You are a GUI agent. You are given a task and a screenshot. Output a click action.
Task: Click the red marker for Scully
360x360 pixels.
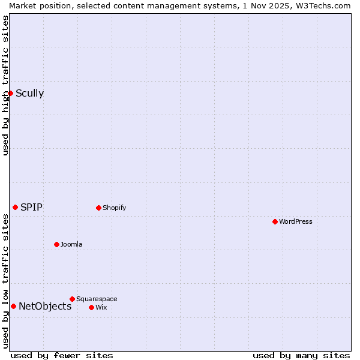[10, 93]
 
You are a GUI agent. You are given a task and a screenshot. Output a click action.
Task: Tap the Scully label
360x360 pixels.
[29, 93]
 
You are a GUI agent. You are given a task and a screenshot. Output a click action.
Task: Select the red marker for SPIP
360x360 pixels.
[15, 207]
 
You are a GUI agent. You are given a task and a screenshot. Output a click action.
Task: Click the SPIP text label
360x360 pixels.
[31, 208]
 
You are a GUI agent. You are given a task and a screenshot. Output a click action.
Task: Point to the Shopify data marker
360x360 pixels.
[98, 208]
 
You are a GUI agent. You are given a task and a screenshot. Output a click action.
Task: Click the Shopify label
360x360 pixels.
[114, 208]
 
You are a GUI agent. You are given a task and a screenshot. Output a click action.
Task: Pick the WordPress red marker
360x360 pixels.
[275, 221]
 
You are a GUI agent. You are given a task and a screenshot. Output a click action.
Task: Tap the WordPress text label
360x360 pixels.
[295, 222]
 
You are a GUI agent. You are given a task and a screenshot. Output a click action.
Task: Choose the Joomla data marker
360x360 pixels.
[56, 244]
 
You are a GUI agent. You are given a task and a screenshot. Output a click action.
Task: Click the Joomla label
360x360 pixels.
[71, 245]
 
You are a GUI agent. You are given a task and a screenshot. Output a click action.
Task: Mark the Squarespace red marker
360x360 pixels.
[72, 299]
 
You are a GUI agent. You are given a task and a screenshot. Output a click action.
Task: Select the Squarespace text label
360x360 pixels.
[97, 299]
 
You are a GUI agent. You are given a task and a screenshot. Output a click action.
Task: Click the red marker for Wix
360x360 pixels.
[91, 307]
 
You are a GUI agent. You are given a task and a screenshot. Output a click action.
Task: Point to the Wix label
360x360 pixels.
[101, 308]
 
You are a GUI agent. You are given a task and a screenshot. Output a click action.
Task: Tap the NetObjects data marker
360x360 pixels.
[13, 306]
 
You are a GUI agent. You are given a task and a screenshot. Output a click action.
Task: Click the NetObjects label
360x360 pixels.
[45, 307]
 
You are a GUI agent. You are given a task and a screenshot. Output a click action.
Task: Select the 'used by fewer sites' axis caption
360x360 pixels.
[62, 356]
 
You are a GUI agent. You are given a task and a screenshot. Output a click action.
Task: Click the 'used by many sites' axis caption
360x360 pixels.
[301, 356]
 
